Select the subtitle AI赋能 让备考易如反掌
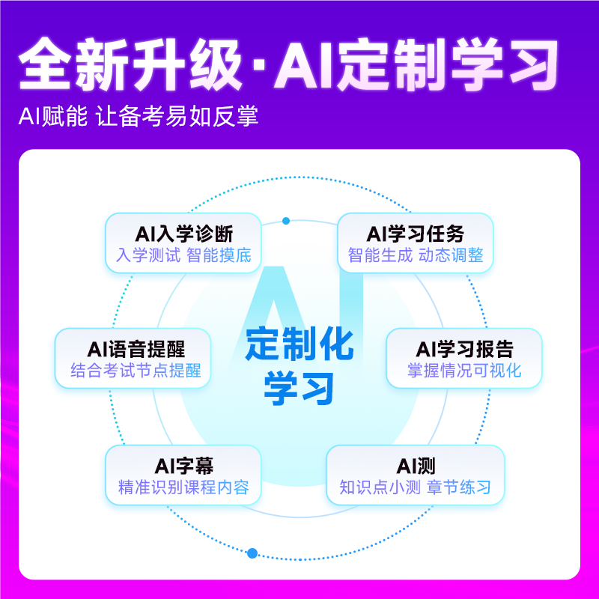pyautogui.click(x=139, y=118)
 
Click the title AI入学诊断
pyautogui.click(x=184, y=233)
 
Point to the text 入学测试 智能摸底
pyautogui.click(x=184, y=255)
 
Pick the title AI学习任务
pyautogui.click(x=416, y=233)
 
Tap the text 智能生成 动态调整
pyautogui.click(x=416, y=255)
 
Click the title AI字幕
pyautogui.click(x=184, y=466)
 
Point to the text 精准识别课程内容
pyautogui.click(x=184, y=489)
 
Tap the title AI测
pyautogui.click(x=416, y=466)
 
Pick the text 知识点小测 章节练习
pyautogui.click(x=416, y=489)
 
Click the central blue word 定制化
pyautogui.click(x=299, y=346)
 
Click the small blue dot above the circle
pyautogui.click(x=286, y=221)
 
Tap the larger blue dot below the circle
pyautogui.click(x=252, y=553)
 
